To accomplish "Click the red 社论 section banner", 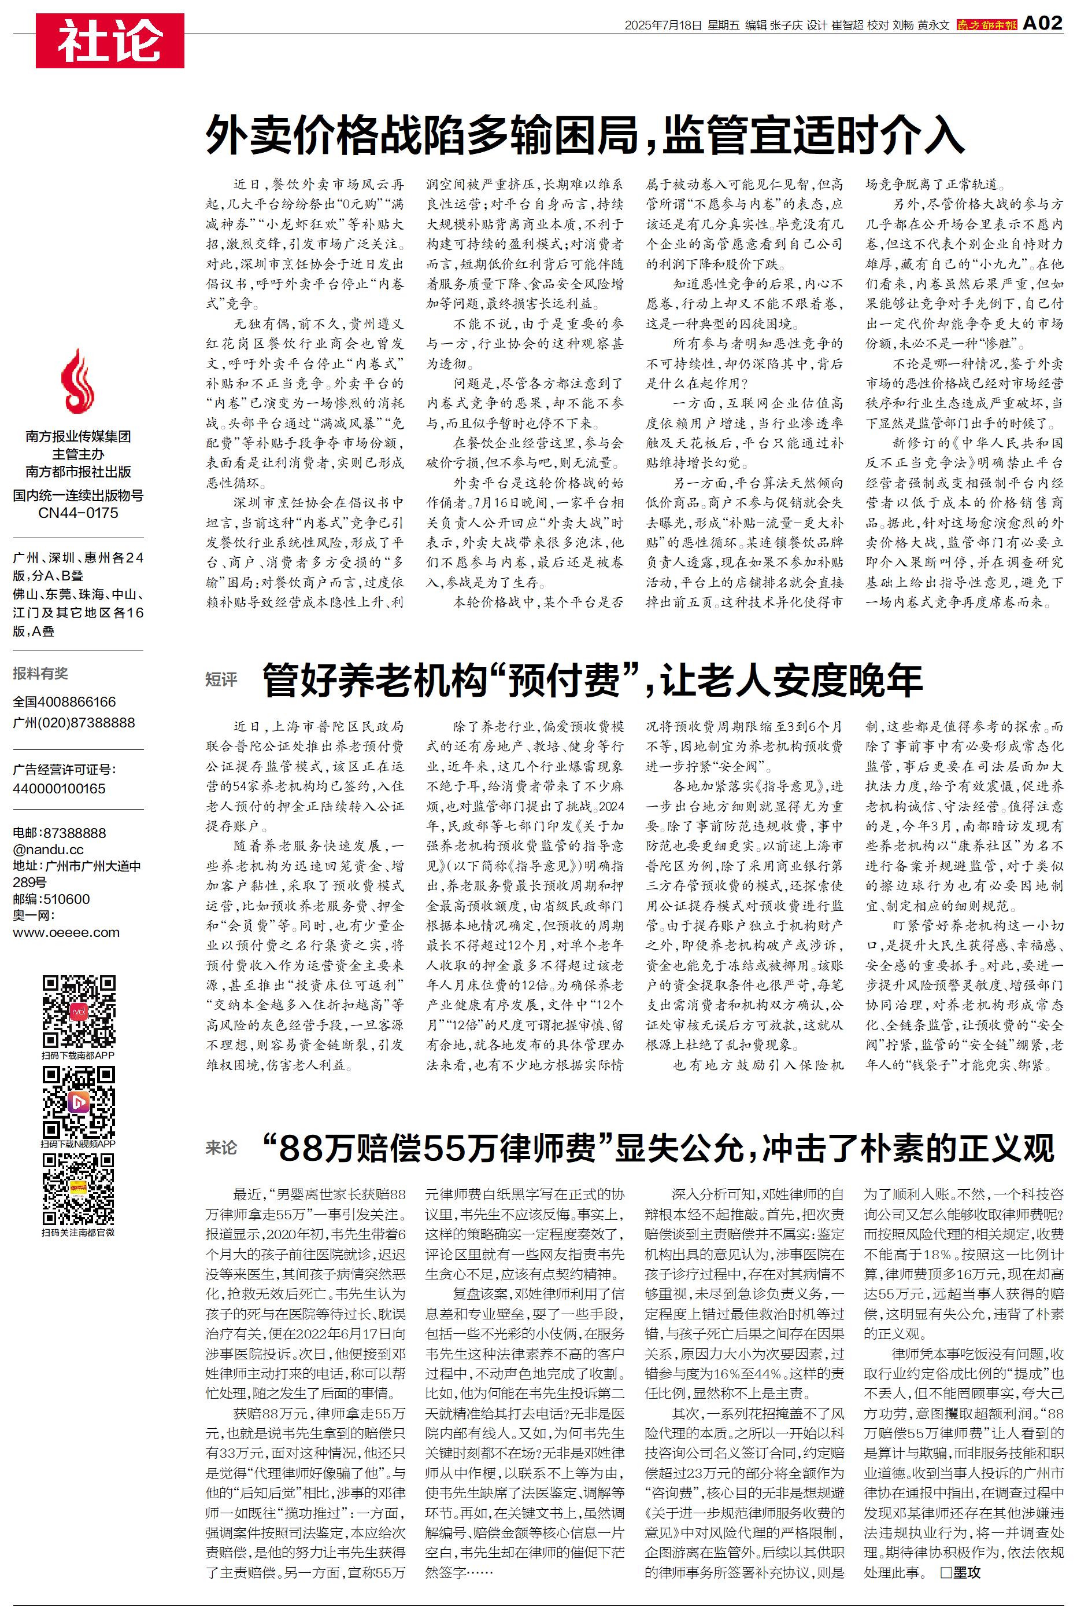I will pyautogui.click(x=110, y=41).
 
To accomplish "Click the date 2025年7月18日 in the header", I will pyautogui.click(x=663, y=25).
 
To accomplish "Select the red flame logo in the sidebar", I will pyautogui.click(x=77, y=381).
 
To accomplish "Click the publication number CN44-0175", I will pyautogui.click(x=77, y=513).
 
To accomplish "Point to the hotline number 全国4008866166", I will pyautogui.click(x=65, y=702).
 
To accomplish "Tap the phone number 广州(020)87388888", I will pyautogui.click(x=73, y=722).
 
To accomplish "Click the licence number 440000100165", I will pyautogui.click(x=59, y=788).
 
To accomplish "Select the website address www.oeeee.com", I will pyautogui.click(x=66, y=933).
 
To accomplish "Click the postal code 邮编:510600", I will pyautogui.click(x=51, y=899).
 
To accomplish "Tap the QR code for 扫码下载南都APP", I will pyautogui.click(x=78, y=1011).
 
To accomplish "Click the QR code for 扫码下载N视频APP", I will pyautogui.click(x=78, y=1102).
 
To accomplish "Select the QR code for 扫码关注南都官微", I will pyautogui.click(x=78, y=1190).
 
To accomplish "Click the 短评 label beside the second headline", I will pyautogui.click(x=221, y=680).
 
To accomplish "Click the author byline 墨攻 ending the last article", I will pyautogui.click(x=966, y=1572).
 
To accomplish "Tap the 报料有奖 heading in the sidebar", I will pyautogui.click(x=40, y=674).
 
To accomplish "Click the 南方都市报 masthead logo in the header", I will pyautogui.click(x=986, y=25).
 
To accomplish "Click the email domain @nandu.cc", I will pyautogui.click(x=48, y=850).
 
